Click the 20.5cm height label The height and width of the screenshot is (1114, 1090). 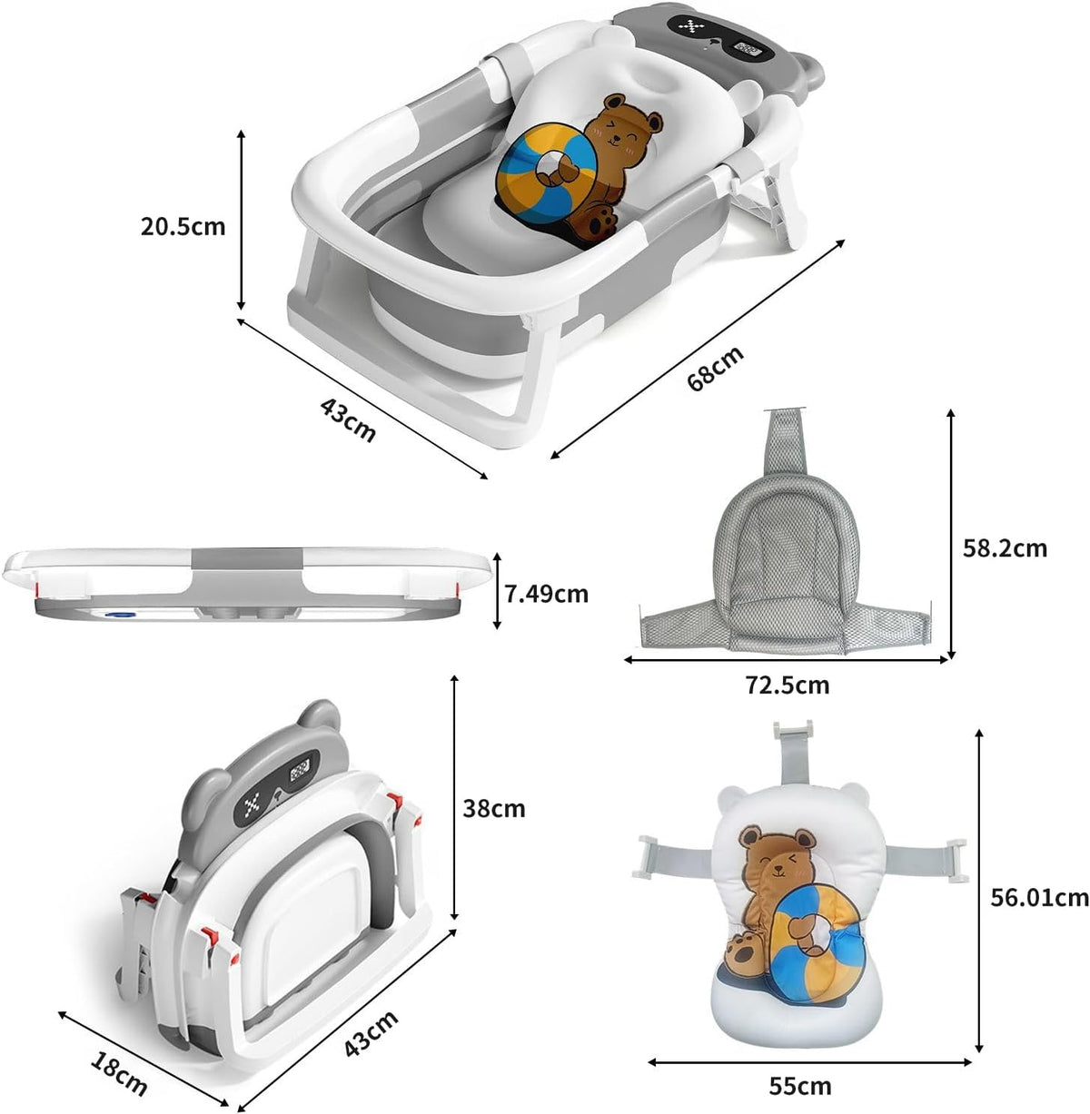183,226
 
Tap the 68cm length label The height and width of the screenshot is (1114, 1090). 715,367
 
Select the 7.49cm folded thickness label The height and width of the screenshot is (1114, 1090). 546,594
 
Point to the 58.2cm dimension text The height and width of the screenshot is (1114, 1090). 1004,548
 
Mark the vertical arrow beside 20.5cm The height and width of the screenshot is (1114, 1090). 242,218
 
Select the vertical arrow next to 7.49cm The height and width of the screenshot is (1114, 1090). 496,591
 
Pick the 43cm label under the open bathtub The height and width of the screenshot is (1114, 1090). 347,418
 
